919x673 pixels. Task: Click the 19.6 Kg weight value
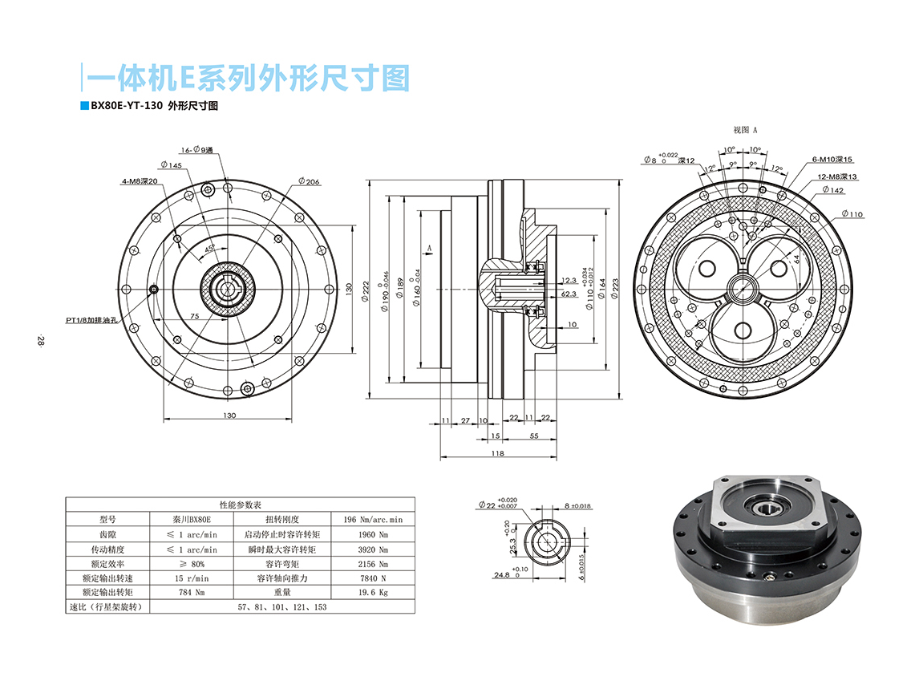[371, 592]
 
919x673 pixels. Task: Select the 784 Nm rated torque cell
[192, 592]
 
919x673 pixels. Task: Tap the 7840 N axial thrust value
[371, 578]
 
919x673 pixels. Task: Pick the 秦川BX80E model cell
[192, 519]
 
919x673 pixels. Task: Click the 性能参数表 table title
[240, 505]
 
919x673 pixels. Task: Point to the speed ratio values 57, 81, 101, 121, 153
[283, 607]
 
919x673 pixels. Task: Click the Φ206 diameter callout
[308, 182]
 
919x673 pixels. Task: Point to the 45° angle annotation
[209, 249]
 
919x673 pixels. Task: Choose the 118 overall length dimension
[496, 453]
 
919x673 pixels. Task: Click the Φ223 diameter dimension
[616, 288]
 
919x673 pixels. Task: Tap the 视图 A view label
[745, 129]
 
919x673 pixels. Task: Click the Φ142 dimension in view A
[833, 191]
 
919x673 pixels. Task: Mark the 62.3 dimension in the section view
[569, 294]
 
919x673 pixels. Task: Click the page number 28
[39, 340]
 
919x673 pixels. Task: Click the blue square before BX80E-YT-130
[84, 106]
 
